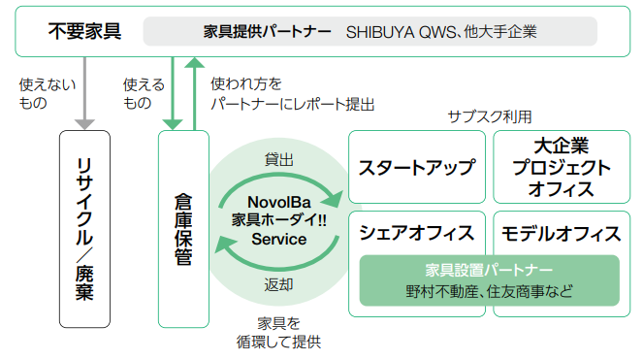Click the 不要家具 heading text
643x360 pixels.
(x=85, y=31)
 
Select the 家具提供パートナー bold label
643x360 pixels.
(x=267, y=32)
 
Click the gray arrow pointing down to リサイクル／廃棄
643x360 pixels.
(x=85, y=93)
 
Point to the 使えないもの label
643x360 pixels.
(x=48, y=93)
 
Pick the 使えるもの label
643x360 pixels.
(x=144, y=93)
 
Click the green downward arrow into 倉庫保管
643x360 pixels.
(x=173, y=93)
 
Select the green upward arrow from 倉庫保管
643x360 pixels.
(x=194, y=94)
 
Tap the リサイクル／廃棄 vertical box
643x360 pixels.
(x=85, y=229)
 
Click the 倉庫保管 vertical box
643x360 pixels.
(x=183, y=229)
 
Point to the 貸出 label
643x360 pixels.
(x=279, y=159)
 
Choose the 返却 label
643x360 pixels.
(x=279, y=284)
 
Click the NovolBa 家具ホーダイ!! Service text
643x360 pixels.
(x=279, y=220)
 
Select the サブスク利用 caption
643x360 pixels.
(x=490, y=116)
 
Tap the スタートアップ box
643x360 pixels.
(x=417, y=167)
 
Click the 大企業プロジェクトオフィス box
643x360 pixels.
(x=562, y=167)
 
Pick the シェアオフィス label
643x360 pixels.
(x=417, y=233)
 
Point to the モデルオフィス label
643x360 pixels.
(x=562, y=234)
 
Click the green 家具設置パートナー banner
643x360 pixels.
(x=489, y=280)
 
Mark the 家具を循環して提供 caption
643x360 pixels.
(x=279, y=333)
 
